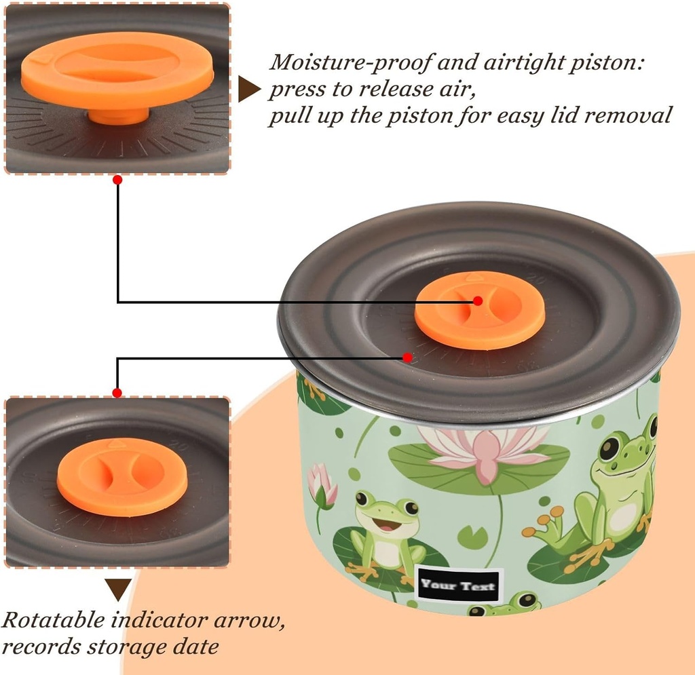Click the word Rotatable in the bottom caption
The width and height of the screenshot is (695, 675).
coord(53,619)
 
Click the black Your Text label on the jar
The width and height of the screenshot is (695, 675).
coord(458,585)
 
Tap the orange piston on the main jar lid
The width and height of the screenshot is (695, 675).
coord(480,309)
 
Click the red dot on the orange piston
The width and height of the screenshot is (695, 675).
coord(477,301)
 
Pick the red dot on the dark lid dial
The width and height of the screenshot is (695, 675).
coord(407,357)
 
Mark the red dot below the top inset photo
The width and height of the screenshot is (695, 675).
coord(117,180)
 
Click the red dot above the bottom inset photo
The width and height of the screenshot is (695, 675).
coord(117,393)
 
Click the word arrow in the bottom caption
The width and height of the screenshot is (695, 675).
coord(248,621)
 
